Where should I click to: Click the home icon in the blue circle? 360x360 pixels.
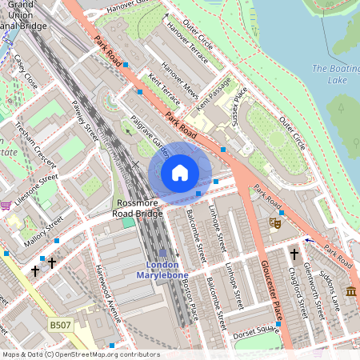pos(180,173)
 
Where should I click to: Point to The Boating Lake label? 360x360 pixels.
pos(336,74)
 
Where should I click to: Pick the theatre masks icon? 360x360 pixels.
pos(274,223)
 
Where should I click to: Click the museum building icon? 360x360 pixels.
pos(351,290)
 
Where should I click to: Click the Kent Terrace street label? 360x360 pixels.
pos(165,89)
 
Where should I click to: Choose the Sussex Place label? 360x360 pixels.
pos(236,102)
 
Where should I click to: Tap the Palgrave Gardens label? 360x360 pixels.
pos(151,135)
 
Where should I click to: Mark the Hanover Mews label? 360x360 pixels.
pos(180,77)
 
